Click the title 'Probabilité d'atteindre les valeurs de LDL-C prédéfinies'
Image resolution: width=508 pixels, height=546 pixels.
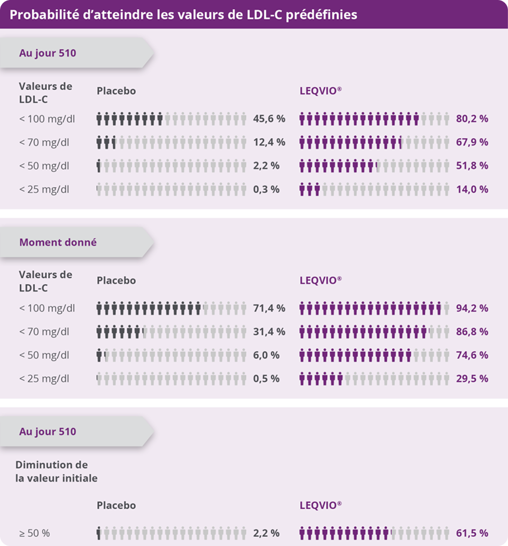point(183,15)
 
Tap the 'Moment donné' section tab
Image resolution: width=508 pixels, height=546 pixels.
point(58,242)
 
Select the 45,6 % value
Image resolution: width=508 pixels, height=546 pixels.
point(269,118)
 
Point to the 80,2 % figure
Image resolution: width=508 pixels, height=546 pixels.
point(472,118)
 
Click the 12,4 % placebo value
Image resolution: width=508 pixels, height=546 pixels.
point(269,142)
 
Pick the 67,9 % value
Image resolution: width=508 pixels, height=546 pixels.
point(472,142)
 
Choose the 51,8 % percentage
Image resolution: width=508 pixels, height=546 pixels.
point(472,166)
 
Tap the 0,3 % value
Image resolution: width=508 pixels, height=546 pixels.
point(266,190)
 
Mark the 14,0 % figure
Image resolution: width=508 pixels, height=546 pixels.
point(472,190)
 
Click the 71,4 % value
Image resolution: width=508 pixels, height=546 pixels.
point(269,308)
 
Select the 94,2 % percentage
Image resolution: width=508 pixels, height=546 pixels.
point(472,308)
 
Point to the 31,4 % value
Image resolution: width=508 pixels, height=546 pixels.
point(269,331)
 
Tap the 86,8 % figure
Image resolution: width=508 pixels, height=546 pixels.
point(472,331)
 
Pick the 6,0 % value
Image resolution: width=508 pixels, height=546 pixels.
point(266,355)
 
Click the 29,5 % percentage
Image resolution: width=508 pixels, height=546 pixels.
point(472,379)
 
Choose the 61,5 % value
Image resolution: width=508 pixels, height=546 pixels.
point(472,533)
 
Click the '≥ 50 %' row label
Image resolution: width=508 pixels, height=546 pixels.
point(35,533)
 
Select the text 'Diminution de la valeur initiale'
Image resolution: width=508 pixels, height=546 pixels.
point(56,471)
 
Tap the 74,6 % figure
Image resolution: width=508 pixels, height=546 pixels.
point(472,355)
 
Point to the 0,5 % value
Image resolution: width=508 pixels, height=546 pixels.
point(266,379)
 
